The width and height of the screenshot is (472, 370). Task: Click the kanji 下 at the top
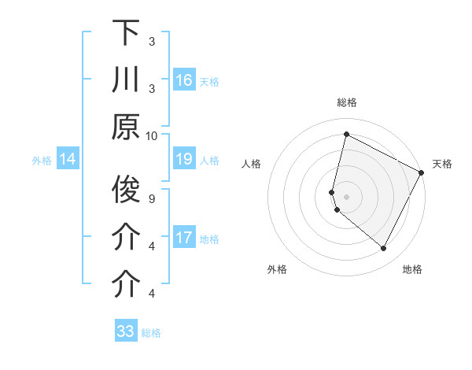[x=126, y=32]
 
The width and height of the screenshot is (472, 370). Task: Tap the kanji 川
[x=126, y=80]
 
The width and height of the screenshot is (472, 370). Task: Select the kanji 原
[x=126, y=127]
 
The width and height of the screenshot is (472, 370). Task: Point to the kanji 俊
[x=126, y=189]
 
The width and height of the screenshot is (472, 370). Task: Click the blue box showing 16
[x=184, y=80]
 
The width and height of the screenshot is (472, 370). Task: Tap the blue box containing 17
[x=184, y=239]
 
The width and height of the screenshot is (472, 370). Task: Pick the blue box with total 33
[x=126, y=331]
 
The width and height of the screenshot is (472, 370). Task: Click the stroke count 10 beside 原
[x=152, y=135]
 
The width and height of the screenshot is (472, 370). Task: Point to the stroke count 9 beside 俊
[x=152, y=198]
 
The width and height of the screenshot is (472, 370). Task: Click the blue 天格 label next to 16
[x=209, y=81]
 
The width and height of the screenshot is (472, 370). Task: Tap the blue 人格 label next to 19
[x=209, y=161]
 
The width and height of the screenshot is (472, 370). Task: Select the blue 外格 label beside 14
[x=42, y=161]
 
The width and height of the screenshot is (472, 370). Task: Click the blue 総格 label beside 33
[x=151, y=332]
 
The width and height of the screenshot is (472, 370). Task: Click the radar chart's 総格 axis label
[x=346, y=103]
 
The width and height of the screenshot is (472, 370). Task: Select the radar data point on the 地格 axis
[x=384, y=249]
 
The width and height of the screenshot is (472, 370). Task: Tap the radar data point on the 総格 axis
[x=346, y=134]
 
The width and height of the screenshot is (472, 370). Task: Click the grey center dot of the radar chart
[x=346, y=196]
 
